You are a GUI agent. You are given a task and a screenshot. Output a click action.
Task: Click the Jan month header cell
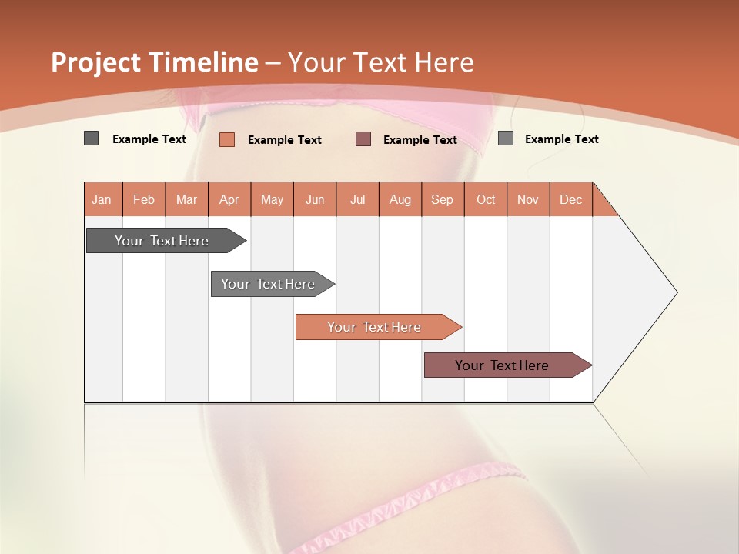(102, 199)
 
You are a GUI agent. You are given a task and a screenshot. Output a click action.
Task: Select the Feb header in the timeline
(144, 199)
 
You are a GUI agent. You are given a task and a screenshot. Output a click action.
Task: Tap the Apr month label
(229, 199)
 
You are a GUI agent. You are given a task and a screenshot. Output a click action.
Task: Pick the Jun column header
(315, 199)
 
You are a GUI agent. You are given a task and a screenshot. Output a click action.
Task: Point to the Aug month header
(400, 199)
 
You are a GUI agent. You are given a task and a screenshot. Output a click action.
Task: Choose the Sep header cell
(443, 199)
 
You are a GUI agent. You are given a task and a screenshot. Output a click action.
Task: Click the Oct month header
(486, 199)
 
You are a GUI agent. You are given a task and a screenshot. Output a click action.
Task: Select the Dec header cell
(571, 199)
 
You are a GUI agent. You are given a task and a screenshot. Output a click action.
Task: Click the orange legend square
(227, 139)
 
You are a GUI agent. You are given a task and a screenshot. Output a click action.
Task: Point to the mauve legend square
(363, 138)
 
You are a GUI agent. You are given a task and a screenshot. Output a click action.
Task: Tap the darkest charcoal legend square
(92, 138)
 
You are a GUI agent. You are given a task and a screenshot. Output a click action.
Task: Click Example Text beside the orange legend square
(285, 139)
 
